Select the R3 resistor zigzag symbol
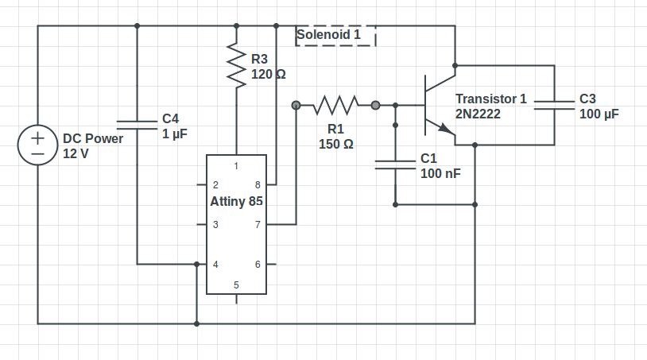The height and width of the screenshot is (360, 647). click(236, 65)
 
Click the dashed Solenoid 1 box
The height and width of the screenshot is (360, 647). click(335, 36)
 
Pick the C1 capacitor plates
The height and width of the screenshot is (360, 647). click(395, 165)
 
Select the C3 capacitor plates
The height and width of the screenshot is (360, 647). click(554, 105)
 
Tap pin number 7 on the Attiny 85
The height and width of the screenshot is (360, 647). click(257, 225)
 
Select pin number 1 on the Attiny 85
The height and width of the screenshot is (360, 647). click(236, 166)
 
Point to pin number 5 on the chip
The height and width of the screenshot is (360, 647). click(236, 285)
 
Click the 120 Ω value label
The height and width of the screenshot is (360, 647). click(269, 75)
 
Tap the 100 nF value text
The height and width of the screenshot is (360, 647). click(440, 173)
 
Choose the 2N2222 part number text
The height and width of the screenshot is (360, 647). click(478, 114)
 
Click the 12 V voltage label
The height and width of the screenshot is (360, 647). click(76, 153)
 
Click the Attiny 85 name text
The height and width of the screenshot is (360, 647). click(236, 202)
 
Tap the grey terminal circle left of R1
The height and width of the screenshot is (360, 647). click(296, 105)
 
